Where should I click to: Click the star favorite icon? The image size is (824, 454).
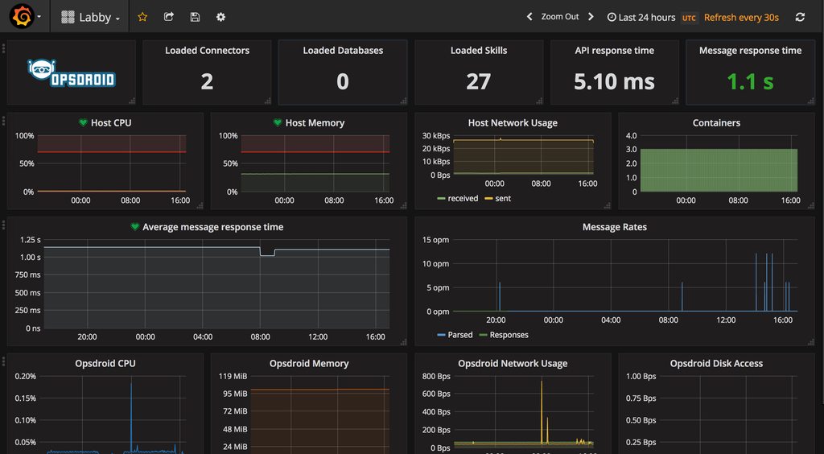pos(142,17)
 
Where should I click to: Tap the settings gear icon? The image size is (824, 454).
pos(220,17)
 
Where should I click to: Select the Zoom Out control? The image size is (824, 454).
pos(559,17)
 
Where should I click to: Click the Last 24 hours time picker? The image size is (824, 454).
pos(641,17)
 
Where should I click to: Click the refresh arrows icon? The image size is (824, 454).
pos(800,17)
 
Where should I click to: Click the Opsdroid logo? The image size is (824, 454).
pos(71,74)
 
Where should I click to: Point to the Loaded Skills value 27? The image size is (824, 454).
pos(478,81)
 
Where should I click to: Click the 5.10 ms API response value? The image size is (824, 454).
pos(614,81)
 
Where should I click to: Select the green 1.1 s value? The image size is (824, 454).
pos(750,81)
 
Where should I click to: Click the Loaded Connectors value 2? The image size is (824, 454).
pos(207,81)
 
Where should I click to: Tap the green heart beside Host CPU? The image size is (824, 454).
pos(82,123)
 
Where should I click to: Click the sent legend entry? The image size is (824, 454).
pos(502,198)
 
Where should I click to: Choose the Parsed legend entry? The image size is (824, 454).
pos(459,335)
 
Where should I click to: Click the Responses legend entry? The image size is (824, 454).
pos(509,335)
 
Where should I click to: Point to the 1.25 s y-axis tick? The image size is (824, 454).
pos(30,240)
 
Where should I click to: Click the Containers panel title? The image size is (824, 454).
pos(716,123)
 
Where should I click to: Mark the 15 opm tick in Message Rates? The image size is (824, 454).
pos(436,240)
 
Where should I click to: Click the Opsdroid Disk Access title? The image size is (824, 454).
pos(716,364)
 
